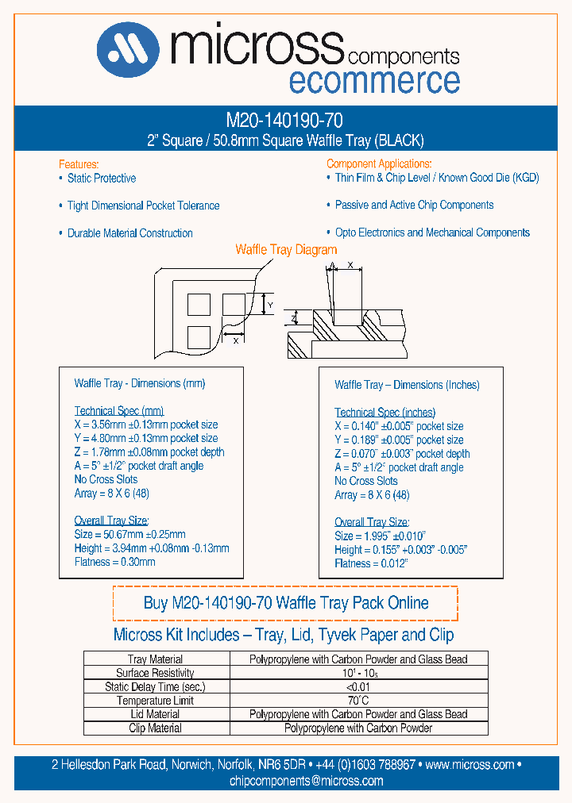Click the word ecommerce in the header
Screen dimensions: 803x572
pyautogui.click(x=373, y=80)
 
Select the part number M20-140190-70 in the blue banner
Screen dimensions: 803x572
pyautogui.click(x=284, y=121)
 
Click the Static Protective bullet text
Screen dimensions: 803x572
pyautogui.click(x=101, y=179)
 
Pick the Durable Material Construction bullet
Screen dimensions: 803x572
pyautogui.click(x=129, y=233)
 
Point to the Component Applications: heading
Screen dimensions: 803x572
pyautogui.click(x=379, y=163)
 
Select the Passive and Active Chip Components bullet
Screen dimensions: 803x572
pyautogui.click(x=414, y=206)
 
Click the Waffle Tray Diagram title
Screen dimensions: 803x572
pyautogui.click(x=286, y=250)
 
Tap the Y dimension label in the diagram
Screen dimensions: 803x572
pyautogui.click(x=269, y=305)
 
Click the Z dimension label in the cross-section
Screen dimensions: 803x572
pyautogui.click(x=292, y=318)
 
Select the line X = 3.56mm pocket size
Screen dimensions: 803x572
pyautogui.click(x=146, y=425)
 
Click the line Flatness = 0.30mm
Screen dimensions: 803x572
pyautogui.click(x=114, y=562)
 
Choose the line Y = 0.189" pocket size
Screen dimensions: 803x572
pyautogui.click(x=399, y=440)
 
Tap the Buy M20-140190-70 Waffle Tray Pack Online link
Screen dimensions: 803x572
pyautogui.click(x=285, y=603)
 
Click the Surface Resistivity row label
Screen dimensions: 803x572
pyautogui.click(x=156, y=673)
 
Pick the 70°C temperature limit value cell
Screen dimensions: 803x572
pyautogui.click(x=358, y=701)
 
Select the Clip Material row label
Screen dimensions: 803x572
pyautogui.click(x=156, y=728)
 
